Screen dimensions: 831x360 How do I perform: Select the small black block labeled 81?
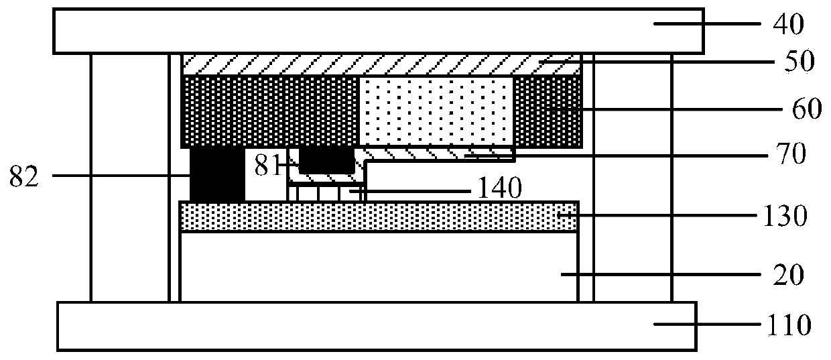point(326,160)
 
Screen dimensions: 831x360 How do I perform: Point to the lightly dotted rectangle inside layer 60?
point(436,111)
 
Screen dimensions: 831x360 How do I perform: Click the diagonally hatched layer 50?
point(382,64)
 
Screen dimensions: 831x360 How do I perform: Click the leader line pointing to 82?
point(121,176)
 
